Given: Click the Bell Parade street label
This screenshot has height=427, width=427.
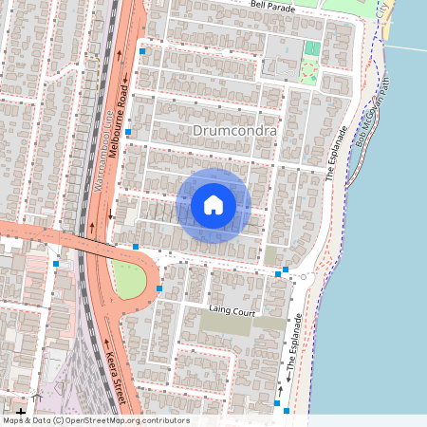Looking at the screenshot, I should pyautogui.click(x=273, y=5).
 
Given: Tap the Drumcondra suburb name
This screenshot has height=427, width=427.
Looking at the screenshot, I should pyautogui.click(x=233, y=129).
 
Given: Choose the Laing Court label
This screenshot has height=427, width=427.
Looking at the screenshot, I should pyautogui.click(x=232, y=311).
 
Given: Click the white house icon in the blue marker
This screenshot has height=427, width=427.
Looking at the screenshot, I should pyautogui.click(x=213, y=204).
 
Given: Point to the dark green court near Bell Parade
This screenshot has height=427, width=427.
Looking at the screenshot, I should pyautogui.click(x=313, y=48).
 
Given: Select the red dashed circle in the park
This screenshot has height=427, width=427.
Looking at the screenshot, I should pyautogui.click(x=307, y=69).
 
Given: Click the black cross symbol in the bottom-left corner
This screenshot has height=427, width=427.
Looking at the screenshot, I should pyautogui.click(x=21, y=413).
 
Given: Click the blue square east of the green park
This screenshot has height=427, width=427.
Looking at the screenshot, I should pyautogui.click(x=159, y=288).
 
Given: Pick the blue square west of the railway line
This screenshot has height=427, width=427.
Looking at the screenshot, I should pyautogui.click(x=56, y=264).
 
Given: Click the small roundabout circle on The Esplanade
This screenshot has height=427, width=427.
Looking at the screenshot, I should pyautogui.click(x=304, y=278).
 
